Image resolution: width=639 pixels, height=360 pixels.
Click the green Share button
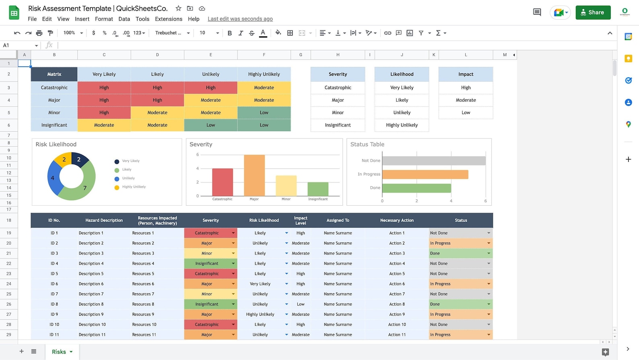pyautogui.click(x=593, y=12)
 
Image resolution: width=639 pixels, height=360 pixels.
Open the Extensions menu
pyautogui.click(x=168, y=19)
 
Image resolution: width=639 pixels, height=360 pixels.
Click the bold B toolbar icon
pyautogui.click(x=229, y=33)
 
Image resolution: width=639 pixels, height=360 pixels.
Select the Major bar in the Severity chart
pyautogui.click(x=254, y=176)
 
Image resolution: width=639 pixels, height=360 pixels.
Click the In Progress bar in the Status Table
pyautogui.click(x=425, y=174)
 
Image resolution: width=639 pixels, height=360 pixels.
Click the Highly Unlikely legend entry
pyautogui.click(x=134, y=187)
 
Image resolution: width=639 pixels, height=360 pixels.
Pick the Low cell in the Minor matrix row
pyautogui.click(x=264, y=113)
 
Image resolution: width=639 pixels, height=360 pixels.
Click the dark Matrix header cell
pyautogui.click(x=54, y=74)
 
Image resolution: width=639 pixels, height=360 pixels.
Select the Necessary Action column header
pyautogui.click(x=397, y=220)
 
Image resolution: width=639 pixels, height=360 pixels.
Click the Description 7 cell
pyautogui.click(x=91, y=294)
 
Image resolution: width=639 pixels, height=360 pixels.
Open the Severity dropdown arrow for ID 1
pyautogui.click(x=233, y=233)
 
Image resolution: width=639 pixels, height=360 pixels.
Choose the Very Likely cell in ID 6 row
pyautogui.click(x=260, y=284)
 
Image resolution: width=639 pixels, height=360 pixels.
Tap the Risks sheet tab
pyautogui.click(x=59, y=352)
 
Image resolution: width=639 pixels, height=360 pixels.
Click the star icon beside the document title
pyautogui.click(x=178, y=8)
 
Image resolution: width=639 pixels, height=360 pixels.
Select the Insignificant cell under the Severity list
pyautogui.click(x=338, y=125)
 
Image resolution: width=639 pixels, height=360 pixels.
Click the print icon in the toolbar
pyautogui.click(x=39, y=33)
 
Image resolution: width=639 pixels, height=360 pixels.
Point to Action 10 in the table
pyautogui.click(x=397, y=325)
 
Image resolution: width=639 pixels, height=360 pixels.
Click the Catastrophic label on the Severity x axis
pyautogui.click(x=222, y=199)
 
